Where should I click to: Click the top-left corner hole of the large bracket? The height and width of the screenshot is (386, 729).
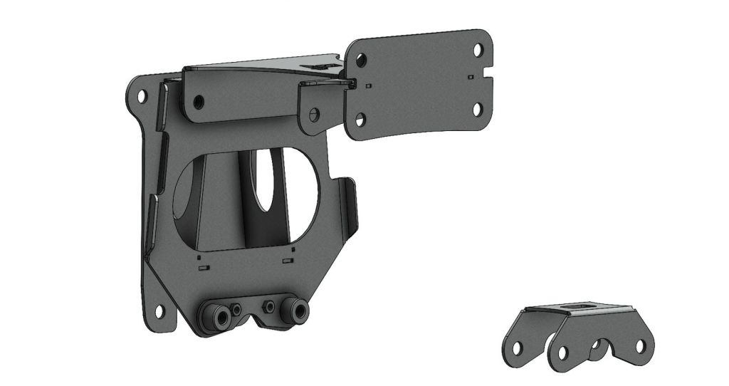[141, 95]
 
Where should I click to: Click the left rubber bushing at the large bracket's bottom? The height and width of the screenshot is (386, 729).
[216, 313]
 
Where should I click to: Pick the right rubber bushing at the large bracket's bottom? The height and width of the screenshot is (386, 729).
[295, 311]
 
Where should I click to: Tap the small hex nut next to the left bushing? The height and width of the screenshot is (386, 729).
[235, 311]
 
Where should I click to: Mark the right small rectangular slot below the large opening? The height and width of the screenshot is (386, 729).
[288, 261]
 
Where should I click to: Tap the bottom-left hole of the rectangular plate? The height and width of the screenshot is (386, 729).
[360, 120]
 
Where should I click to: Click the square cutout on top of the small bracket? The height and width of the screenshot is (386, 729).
[578, 307]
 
